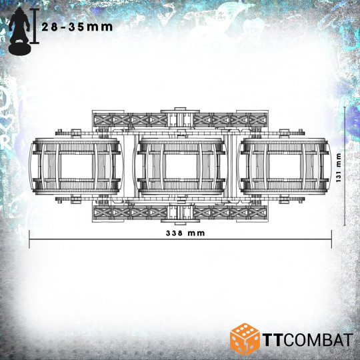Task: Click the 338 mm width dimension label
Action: [185, 233]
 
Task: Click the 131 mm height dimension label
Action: [339, 167]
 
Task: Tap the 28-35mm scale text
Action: [77, 27]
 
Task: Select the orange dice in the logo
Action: [245, 339]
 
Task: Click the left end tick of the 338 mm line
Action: [29, 239]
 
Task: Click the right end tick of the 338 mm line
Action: [331, 239]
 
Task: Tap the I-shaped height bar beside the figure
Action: [35, 26]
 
